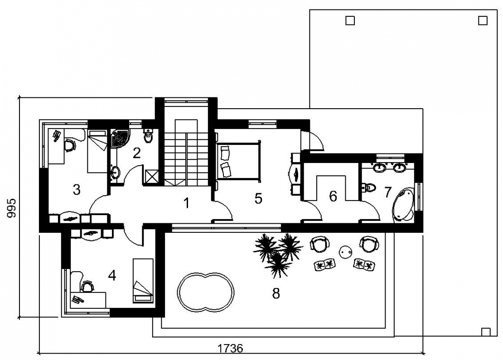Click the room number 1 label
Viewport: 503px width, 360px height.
click(x=186, y=202)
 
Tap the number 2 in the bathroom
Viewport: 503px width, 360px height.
click(x=137, y=153)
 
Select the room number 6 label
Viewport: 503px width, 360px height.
click(x=334, y=196)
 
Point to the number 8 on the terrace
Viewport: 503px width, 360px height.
click(x=276, y=293)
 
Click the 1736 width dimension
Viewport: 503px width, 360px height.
click(x=230, y=348)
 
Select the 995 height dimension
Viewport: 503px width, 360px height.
click(x=11, y=208)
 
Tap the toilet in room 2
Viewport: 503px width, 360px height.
click(x=148, y=136)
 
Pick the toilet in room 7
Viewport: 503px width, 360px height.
click(x=368, y=187)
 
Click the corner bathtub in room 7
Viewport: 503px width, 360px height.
click(x=403, y=205)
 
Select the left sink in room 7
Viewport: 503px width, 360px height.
click(x=381, y=167)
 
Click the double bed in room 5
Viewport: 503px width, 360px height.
click(x=239, y=161)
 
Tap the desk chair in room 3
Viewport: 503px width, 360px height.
click(x=70, y=145)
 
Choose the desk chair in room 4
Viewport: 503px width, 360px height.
click(x=87, y=286)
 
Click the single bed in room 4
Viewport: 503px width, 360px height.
click(x=142, y=280)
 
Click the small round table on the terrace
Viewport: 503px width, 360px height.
click(x=345, y=252)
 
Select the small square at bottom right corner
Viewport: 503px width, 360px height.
click(x=486, y=332)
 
